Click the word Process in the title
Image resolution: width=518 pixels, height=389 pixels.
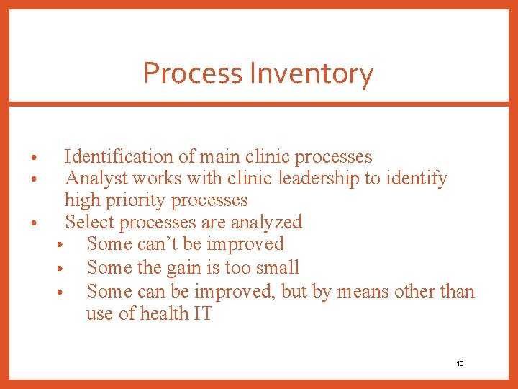(x=193, y=73)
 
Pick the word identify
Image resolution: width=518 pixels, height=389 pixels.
(x=417, y=178)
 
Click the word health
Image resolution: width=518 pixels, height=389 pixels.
(x=154, y=313)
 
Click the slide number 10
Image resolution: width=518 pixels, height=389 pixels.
(x=460, y=363)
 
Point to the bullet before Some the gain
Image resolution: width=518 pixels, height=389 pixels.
(x=63, y=269)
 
